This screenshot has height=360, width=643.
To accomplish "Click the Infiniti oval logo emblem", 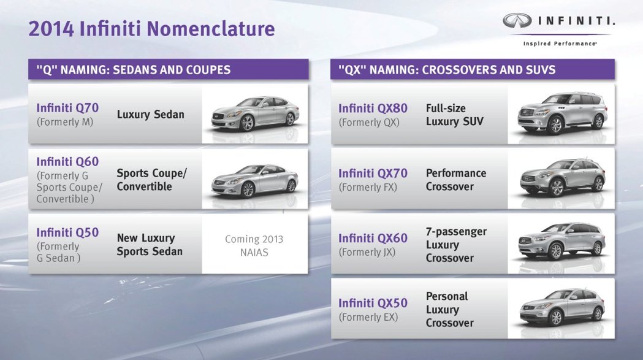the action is click(517, 20).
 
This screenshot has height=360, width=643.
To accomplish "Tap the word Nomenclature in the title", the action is click(211, 29).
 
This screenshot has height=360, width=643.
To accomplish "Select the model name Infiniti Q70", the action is click(67, 108).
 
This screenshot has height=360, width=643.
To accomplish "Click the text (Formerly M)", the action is click(65, 122).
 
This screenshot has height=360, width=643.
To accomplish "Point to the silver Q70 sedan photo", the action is click(255, 113).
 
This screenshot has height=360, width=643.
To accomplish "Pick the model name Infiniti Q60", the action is click(67, 162).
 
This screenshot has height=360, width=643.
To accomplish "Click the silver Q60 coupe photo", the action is click(254, 181).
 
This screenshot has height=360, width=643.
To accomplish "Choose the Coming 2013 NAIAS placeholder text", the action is click(254, 245).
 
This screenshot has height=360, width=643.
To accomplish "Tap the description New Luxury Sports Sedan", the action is click(150, 245).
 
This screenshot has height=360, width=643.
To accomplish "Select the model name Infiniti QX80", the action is click(373, 109).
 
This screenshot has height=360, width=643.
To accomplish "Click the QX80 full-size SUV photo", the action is click(562, 113).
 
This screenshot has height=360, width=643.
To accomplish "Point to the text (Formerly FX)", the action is click(368, 188).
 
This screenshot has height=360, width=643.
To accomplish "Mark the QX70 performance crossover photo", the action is click(562, 178).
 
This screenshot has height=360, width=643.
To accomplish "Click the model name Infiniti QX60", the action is click(373, 239).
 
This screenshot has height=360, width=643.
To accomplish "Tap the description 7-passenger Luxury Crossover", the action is click(456, 245).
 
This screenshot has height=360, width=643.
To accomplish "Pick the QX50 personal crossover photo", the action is click(562, 307).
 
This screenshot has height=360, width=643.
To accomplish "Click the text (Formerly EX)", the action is click(368, 317).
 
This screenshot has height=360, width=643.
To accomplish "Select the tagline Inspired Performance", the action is click(560, 44).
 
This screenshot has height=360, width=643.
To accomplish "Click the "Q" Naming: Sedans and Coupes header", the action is click(134, 70).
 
